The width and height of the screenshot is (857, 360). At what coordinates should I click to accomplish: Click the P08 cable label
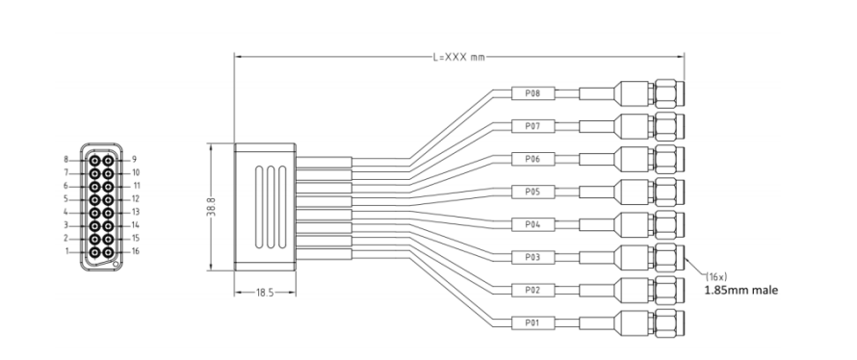click(532, 93)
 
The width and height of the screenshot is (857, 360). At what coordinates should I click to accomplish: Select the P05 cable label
click(532, 192)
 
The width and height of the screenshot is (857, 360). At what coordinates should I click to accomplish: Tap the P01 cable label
click(532, 322)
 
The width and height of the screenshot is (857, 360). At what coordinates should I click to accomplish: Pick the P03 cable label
click(532, 257)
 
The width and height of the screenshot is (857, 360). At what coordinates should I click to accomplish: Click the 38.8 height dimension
click(211, 207)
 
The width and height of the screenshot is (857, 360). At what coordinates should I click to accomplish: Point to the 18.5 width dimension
click(265, 293)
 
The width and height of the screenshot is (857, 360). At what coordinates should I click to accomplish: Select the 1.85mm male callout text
click(741, 290)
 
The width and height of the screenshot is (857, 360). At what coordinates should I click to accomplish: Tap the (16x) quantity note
click(716, 277)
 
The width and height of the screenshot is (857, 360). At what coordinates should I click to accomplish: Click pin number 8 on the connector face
click(66, 160)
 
